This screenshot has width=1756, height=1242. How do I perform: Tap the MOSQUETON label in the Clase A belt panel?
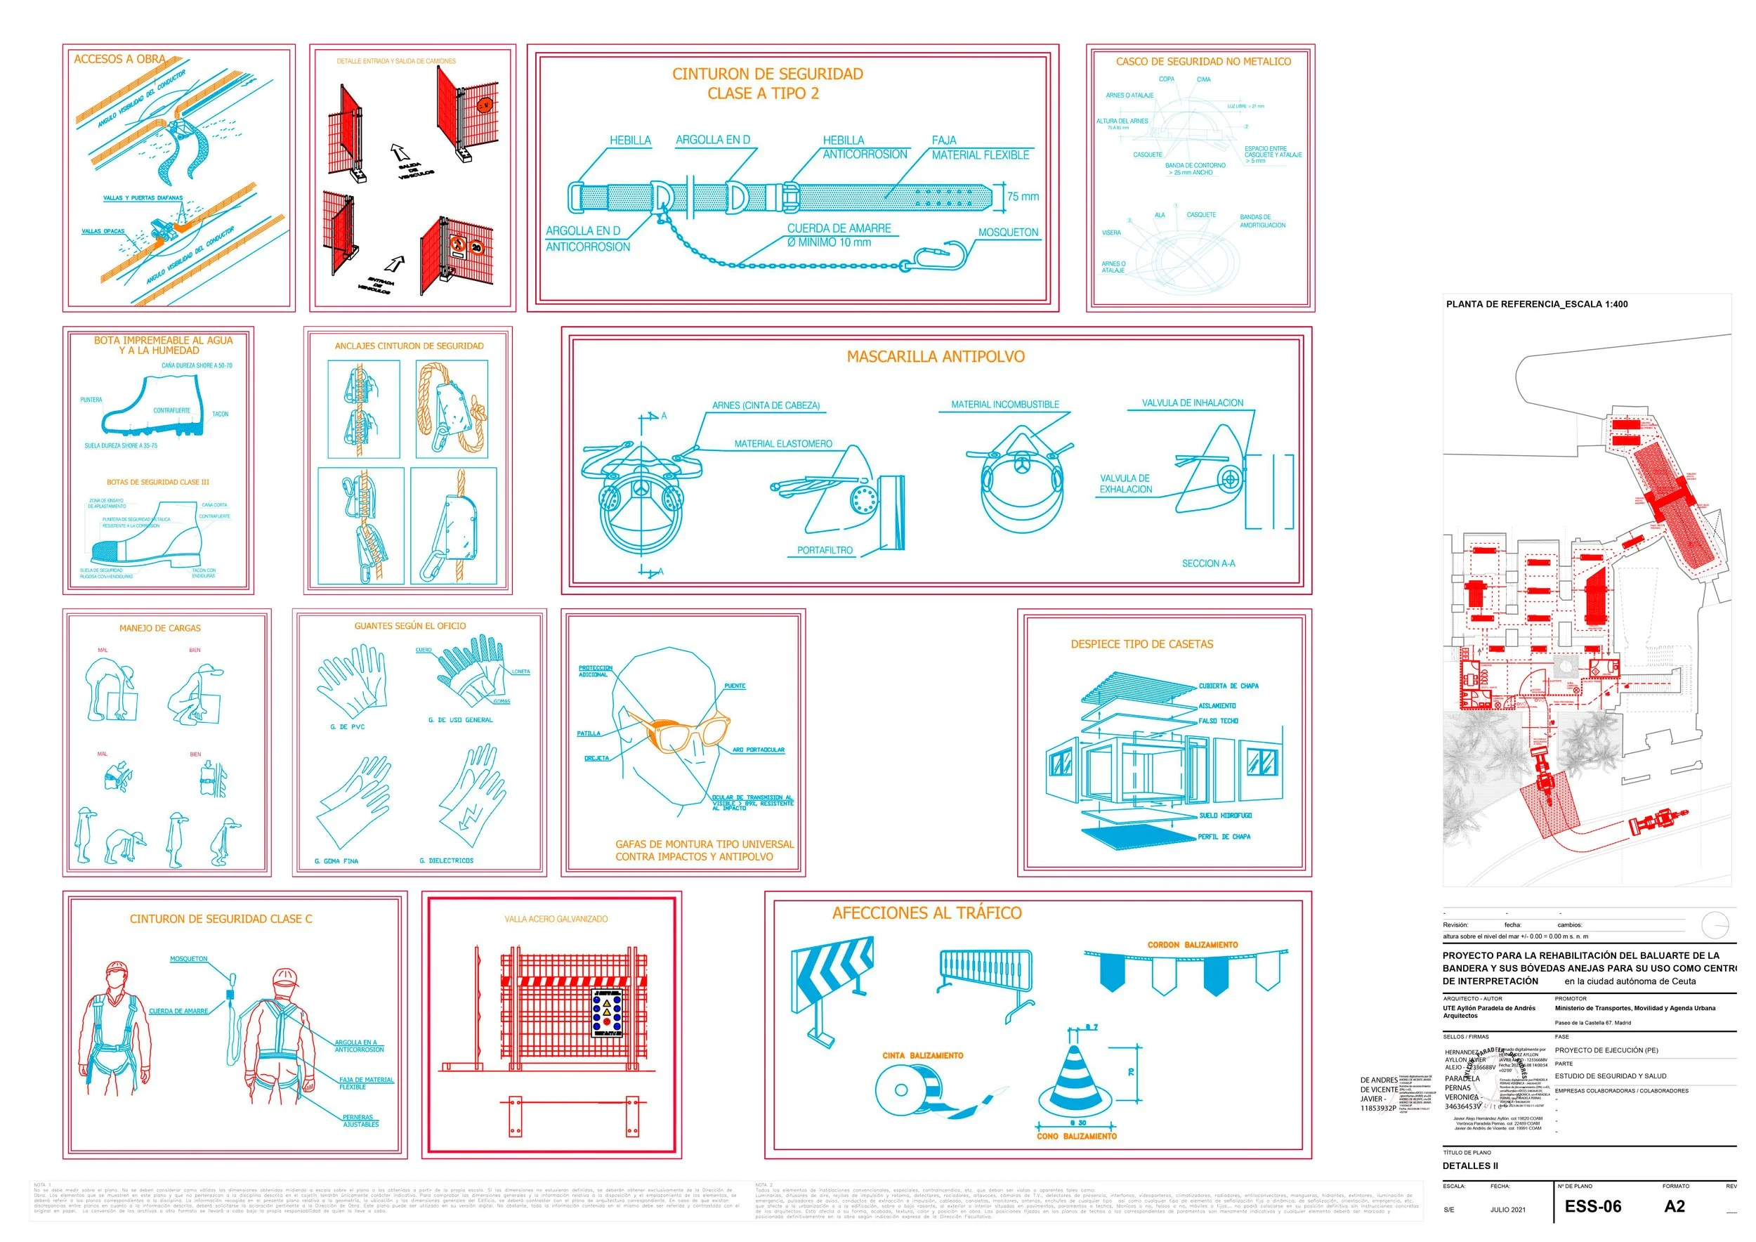tap(1007, 233)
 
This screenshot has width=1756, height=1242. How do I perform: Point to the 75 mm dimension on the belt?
tap(1023, 197)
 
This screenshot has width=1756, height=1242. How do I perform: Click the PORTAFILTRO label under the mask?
tap(825, 550)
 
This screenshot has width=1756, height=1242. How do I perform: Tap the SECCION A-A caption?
tap(1207, 563)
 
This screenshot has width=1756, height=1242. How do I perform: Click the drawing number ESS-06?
tap(1592, 1206)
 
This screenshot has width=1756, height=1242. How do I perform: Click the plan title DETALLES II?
tap(1470, 1165)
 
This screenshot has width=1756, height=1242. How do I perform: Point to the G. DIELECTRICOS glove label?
tap(446, 861)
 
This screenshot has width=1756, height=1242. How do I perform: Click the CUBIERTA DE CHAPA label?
tap(1228, 686)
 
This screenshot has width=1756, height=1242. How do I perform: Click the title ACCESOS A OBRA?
tap(119, 59)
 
